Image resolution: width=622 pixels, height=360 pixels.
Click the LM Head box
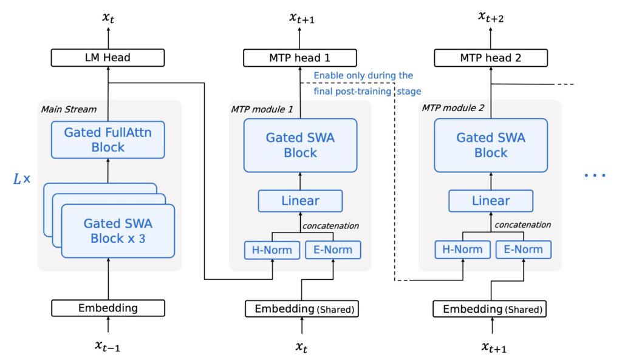[108, 58]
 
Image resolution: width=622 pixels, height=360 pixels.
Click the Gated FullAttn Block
[108, 139]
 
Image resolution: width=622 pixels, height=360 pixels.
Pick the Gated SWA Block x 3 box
[118, 231]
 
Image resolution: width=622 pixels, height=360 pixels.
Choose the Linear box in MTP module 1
[300, 201]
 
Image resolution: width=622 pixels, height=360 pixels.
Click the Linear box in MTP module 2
[490, 201]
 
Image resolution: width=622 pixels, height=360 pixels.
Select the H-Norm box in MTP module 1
[272, 250]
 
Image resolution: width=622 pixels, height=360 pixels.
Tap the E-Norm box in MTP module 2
[523, 250]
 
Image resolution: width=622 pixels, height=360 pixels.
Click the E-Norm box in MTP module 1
[333, 250]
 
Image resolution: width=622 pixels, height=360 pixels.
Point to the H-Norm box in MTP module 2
[462, 250]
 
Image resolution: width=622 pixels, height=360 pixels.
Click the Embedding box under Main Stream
[108, 308]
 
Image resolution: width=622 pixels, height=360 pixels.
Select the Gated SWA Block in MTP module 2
[490, 145]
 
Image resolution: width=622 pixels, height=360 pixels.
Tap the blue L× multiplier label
[22, 179]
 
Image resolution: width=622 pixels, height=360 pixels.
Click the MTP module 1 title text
[262, 109]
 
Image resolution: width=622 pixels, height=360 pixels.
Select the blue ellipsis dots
[595, 176]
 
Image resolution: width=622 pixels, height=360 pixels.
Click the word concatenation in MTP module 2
[522, 225]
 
